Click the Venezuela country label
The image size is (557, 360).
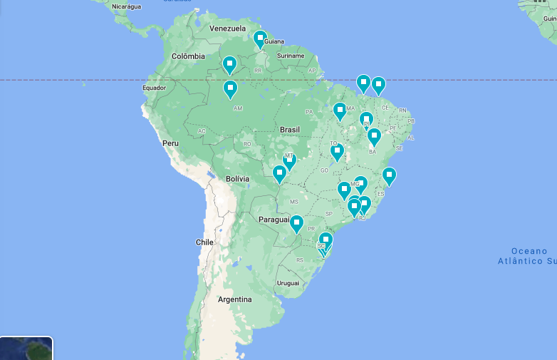227,29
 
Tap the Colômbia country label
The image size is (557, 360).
188,56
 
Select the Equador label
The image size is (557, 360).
154,88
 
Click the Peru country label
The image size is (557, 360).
170,143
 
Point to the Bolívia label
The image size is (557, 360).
237,178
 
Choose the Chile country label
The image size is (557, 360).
204,242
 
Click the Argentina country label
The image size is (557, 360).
235,299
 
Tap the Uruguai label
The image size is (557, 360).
288,283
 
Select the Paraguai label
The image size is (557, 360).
275,220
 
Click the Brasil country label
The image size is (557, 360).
290,130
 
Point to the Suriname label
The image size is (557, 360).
291,56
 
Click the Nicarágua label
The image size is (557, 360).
127,6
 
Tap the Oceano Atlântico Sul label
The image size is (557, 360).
529,256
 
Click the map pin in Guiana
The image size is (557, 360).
260,38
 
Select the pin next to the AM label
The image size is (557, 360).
230,88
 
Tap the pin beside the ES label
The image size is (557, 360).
389,175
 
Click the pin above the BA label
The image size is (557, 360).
374,135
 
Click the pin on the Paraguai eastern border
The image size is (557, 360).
296,223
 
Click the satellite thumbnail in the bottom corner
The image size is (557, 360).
26,348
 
